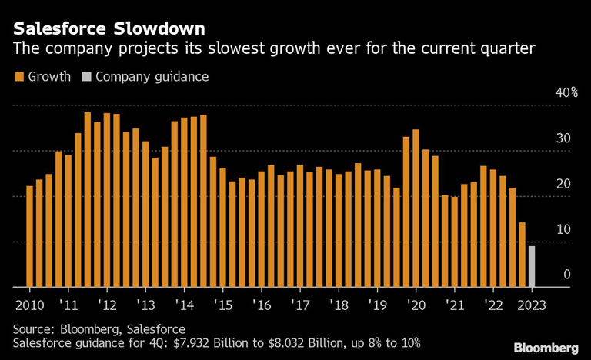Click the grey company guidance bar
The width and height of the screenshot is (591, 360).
point(532,266)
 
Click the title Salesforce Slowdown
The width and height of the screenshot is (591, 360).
point(109,30)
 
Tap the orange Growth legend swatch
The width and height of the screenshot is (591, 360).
point(18,77)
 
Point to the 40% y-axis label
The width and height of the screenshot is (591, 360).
point(566,92)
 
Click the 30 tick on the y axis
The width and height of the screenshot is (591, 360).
point(564,138)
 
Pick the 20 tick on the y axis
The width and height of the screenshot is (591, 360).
point(564,184)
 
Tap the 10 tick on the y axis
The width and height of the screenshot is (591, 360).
point(564,229)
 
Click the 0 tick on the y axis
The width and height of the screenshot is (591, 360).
point(567,275)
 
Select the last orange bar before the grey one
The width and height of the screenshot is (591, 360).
point(522,255)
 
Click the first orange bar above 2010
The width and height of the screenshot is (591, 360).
point(30,236)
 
